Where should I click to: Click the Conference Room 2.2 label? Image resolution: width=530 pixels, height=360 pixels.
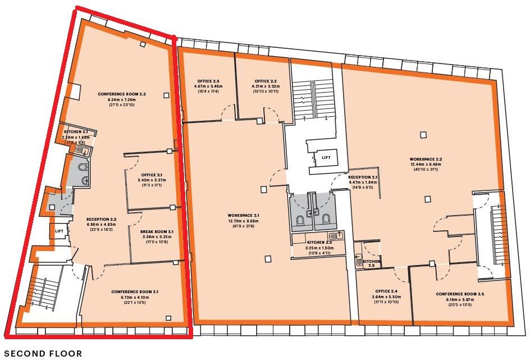[x=121, y=94]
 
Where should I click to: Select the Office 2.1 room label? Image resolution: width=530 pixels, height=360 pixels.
[x=152, y=174]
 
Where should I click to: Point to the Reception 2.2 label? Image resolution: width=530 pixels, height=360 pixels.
[x=101, y=219]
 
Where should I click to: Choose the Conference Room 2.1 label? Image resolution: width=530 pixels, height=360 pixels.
[x=135, y=291]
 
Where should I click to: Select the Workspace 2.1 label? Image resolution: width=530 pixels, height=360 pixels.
[x=244, y=215]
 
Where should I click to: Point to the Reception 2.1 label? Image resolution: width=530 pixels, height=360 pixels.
[x=363, y=177]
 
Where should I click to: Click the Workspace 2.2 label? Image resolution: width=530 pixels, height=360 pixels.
[x=426, y=159]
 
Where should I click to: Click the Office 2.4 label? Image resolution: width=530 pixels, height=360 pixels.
[x=384, y=291]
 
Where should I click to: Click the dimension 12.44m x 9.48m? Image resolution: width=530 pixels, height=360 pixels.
[x=426, y=164]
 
